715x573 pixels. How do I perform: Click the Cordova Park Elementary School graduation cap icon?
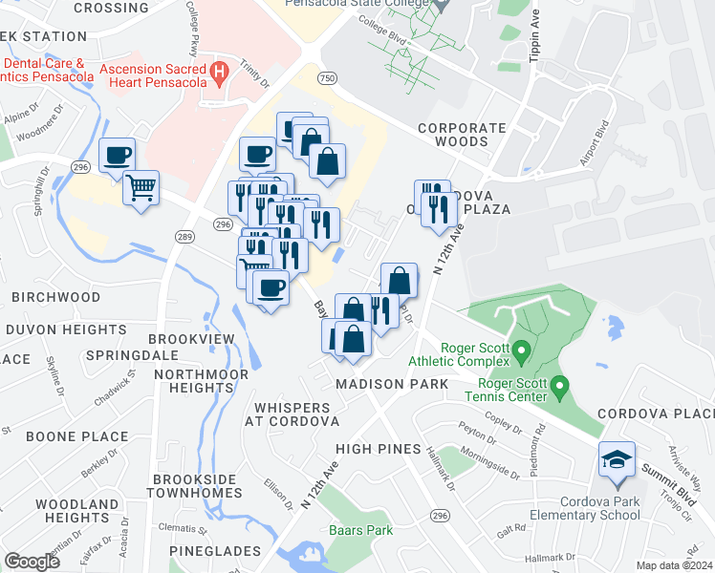tap(617, 460)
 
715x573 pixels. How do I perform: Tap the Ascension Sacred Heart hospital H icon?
tap(220, 71)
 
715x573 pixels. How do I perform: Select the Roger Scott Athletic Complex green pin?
tap(522, 353)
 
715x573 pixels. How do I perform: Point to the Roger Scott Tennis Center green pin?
tap(561, 387)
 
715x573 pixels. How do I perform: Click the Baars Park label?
tap(361, 530)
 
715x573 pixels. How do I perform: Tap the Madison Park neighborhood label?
tap(392, 384)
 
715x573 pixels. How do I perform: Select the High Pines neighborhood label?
tap(379, 449)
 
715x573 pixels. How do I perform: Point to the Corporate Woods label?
tap(462, 135)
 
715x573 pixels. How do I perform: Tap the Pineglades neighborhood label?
tap(215, 551)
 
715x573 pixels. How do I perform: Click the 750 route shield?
tap(329, 76)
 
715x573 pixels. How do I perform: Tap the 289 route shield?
tap(185, 236)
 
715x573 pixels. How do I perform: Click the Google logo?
tap(32, 562)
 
